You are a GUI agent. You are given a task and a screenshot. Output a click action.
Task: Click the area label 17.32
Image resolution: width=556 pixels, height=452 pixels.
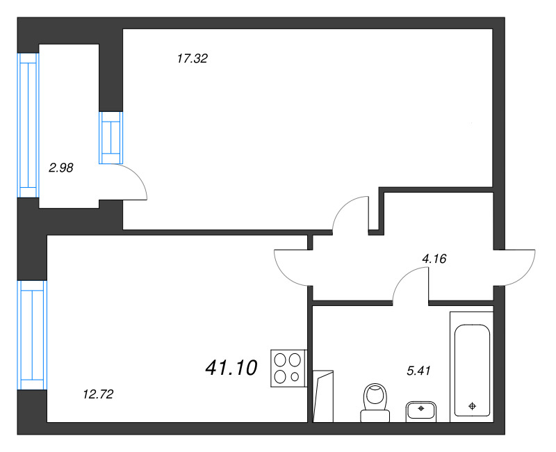pos(193,59)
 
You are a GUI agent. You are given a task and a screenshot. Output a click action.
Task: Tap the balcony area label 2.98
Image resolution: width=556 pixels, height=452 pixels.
pos(60,167)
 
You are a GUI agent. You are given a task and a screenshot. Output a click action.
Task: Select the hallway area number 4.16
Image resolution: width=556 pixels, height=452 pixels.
pos(434,259)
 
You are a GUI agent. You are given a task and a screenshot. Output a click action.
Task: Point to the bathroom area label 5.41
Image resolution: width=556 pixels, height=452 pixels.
pos(419,371)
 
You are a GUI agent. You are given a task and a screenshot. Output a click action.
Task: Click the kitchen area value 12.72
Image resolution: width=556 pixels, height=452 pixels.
pos(98,394)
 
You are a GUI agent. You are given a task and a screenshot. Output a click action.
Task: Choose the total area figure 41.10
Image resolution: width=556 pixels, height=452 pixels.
pos(231,367)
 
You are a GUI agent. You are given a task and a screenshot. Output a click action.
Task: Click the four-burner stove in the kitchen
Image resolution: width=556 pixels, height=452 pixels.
pos(288,368)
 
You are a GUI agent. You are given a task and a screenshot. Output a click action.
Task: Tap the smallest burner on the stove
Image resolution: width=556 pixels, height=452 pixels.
pos(295,377)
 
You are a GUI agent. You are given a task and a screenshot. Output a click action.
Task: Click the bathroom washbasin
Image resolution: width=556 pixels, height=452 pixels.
pos(420,410)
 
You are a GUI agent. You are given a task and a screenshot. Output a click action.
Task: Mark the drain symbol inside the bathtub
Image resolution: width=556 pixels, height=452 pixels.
pos(473,405)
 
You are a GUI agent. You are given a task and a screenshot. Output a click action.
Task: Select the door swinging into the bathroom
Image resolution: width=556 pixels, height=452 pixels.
pos(410,287)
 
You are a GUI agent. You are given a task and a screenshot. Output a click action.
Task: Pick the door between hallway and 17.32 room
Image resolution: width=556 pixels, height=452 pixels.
pos(351,213)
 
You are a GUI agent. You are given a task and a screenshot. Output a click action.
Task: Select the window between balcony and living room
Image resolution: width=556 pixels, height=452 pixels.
pos(111,137)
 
